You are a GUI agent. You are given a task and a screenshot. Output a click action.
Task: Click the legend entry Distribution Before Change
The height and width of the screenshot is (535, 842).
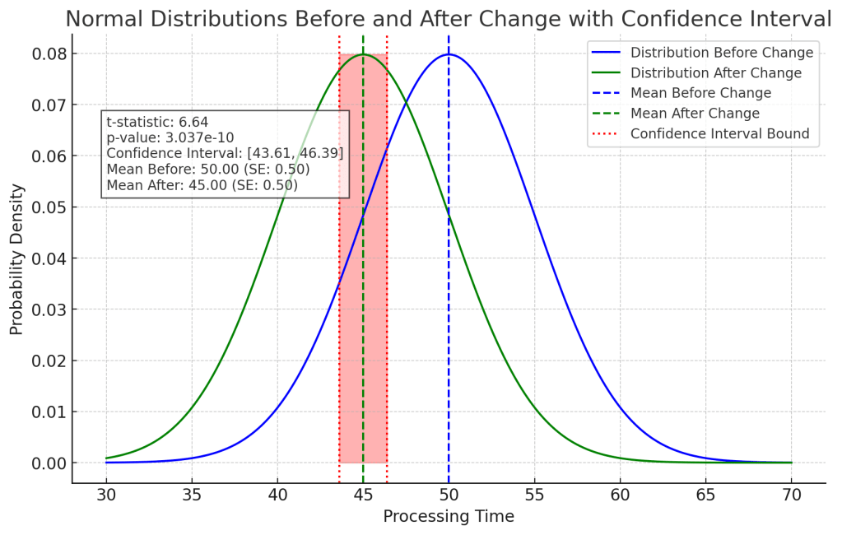(x=721, y=53)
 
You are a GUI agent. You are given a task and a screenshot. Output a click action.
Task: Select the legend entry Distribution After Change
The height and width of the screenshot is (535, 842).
(x=715, y=73)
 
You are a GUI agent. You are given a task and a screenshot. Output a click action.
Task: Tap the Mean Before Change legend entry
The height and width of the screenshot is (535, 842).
(x=700, y=93)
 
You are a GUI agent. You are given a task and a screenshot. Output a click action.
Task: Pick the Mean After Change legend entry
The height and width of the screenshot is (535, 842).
(x=695, y=114)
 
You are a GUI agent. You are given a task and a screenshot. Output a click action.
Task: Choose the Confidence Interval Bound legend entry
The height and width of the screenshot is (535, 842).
(x=719, y=133)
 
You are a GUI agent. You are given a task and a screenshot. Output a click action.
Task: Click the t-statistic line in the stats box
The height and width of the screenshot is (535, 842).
(x=157, y=123)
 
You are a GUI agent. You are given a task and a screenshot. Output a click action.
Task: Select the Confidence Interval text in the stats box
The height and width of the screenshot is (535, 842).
(x=225, y=153)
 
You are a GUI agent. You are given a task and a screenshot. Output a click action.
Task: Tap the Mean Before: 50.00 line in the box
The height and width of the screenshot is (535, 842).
(x=207, y=170)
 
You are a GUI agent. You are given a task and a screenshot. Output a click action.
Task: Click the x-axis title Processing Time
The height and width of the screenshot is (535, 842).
(x=449, y=517)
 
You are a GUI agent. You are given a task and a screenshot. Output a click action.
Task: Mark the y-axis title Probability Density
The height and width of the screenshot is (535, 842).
(x=17, y=258)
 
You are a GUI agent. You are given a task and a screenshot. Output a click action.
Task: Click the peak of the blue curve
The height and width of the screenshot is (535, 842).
(x=449, y=54)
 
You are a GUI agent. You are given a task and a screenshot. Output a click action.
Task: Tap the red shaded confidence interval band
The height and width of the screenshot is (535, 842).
(x=363, y=329)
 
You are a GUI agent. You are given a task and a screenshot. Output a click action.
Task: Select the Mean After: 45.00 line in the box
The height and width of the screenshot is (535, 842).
(x=202, y=185)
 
